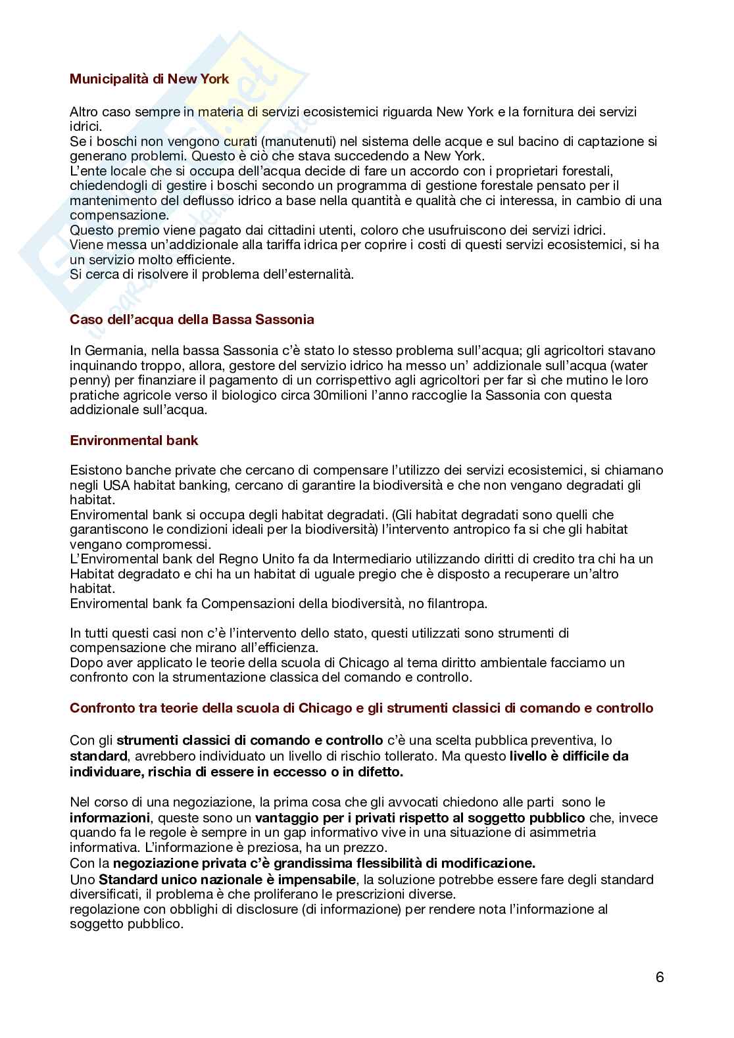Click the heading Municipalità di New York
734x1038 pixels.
[149, 79]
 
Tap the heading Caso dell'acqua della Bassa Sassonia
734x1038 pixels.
[191, 319]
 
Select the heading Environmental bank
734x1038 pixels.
[134, 440]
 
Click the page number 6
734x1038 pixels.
[660, 977]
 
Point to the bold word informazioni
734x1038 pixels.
[110, 818]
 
